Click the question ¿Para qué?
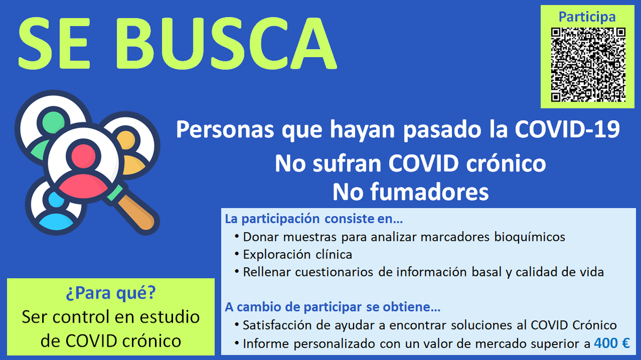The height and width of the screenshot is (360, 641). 111,293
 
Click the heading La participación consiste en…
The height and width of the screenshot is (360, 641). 314,219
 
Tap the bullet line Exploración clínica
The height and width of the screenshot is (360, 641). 298,254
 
